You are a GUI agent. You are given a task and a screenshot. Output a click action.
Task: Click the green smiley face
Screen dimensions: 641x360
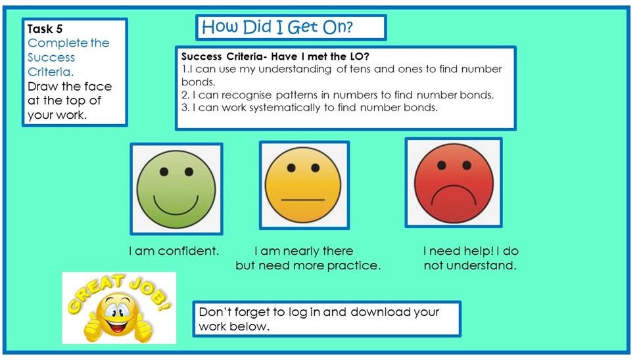[176, 189]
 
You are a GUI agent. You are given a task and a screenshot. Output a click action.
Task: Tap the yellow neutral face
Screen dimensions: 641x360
[303, 185]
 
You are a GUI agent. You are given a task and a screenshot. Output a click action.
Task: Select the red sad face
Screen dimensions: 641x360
[454, 183]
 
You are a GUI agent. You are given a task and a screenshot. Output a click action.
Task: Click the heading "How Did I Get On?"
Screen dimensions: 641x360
[277, 27]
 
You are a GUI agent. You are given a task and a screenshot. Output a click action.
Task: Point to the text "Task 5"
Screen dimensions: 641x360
[45, 29]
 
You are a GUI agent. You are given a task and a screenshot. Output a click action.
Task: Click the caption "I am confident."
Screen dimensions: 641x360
[174, 250]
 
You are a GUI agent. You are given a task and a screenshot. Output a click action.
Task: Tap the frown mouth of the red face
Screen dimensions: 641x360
[454, 195]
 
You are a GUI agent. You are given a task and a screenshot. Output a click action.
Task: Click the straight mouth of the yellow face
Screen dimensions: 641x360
[303, 200]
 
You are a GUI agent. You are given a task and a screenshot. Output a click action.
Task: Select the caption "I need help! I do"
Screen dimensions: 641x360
[471, 250]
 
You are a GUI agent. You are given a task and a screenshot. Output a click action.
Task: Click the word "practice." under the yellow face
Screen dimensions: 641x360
[354, 265]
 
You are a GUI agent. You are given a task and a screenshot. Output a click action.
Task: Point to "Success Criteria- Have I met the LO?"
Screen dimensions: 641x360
[275, 56]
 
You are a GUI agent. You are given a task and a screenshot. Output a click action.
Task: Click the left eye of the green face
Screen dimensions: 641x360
[164, 171]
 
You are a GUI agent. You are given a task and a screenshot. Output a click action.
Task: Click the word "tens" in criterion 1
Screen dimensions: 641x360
[360, 69]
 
